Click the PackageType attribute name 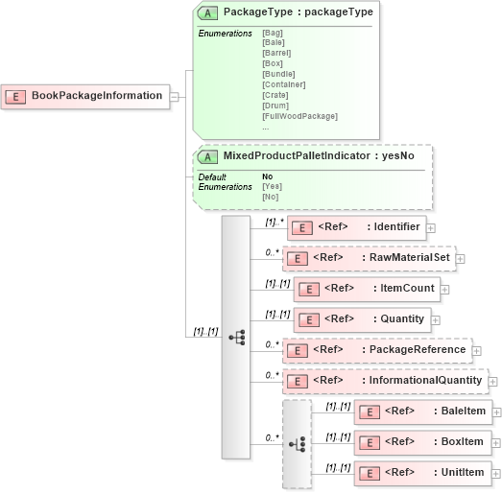click(298, 12)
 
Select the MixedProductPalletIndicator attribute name click(319, 155)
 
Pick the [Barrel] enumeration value click(276, 53)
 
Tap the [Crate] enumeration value click(275, 95)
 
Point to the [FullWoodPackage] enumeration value click(299, 116)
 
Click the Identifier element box click(356, 227)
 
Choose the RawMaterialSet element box click(369, 258)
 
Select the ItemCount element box click(366, 288)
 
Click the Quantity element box click(361, 319)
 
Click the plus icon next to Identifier click(431, 228)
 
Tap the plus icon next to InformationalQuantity click(493, 382)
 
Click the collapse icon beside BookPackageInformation click(175, 96)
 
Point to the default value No click(268, 176)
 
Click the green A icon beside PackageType click(206, 13)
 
